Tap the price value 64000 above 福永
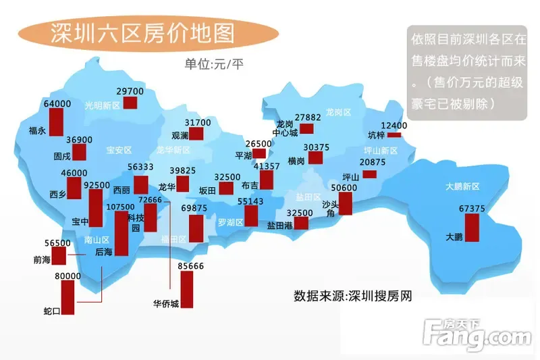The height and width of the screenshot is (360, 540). tap(57, 104)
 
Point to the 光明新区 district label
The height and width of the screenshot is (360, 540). tap(102, 105)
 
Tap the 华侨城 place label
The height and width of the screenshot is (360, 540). tap(165, 304)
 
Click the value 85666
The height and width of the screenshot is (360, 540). tap(191, 266)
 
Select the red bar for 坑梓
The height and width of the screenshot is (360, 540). tap(393, 135)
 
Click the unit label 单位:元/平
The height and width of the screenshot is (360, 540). tap(215, 65)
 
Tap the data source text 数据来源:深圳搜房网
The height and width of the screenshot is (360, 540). tap(352, 296)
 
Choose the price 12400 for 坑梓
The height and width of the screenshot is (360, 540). tap(394, 126)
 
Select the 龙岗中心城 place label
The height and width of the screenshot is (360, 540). tap(286, 128)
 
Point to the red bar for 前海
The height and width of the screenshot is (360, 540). tap(59, 256)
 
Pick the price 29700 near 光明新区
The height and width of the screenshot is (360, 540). tap(130, 91)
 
